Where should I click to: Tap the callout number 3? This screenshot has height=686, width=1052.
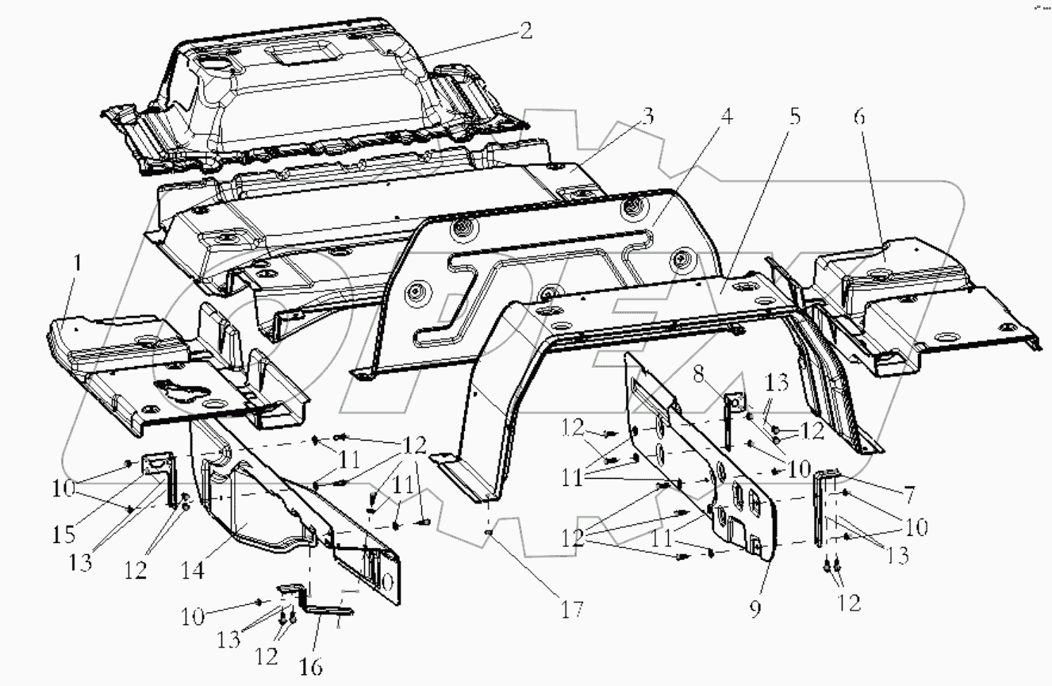tap(647, 118)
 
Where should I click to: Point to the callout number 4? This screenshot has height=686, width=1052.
tap(724, 118)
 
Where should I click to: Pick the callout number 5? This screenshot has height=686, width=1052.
tap(794, 118)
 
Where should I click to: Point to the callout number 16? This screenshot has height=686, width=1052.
tap(312, 666)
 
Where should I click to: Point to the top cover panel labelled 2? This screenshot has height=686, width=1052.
tap(301, 103)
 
